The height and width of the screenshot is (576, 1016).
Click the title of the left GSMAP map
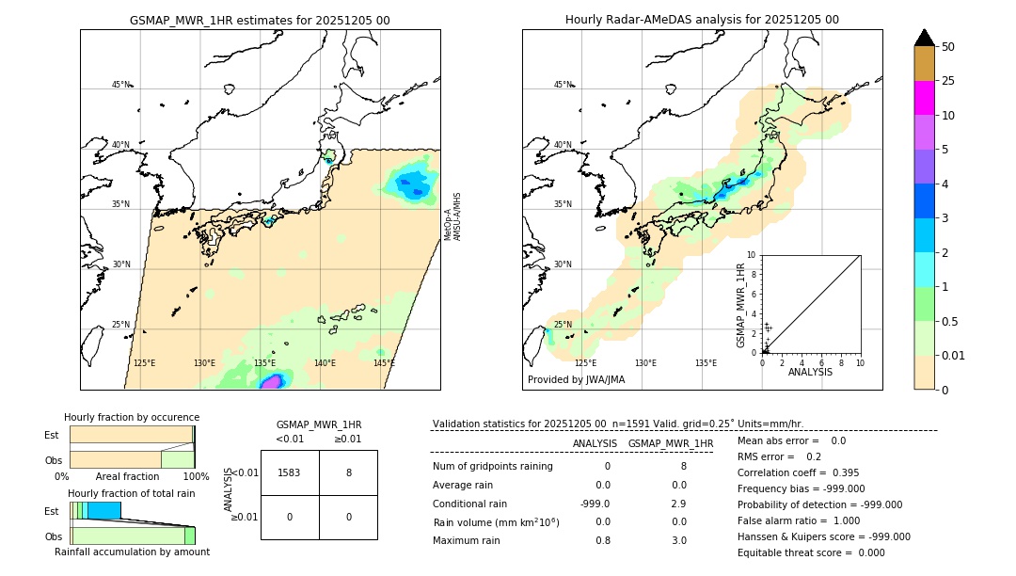260,20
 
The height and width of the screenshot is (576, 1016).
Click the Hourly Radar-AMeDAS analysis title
702,20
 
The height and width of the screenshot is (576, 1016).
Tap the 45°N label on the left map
120,85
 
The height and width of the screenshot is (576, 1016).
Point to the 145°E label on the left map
384,363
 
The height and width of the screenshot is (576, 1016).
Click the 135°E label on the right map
706,363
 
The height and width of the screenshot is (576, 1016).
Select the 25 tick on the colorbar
948,81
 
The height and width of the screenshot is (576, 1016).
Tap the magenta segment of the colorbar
924,98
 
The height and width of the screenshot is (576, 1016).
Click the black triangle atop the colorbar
924,38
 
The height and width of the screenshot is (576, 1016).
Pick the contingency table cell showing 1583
290,472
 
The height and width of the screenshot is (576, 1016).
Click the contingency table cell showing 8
348,472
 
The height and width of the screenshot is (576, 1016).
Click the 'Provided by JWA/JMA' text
576,380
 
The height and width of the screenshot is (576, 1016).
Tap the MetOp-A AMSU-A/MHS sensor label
452,216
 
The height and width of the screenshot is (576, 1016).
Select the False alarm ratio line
799,520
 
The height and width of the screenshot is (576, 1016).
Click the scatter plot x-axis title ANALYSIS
811,372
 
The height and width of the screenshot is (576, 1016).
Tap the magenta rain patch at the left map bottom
272,381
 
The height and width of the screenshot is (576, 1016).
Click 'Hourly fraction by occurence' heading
132,417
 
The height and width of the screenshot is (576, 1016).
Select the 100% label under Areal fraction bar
196,477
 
